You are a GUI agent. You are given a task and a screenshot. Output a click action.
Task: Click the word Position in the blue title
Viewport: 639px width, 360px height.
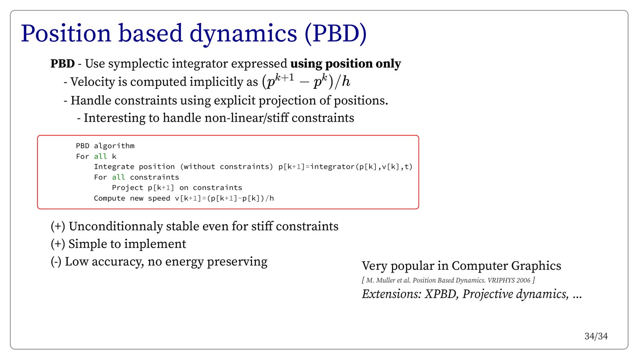tap(66, 34)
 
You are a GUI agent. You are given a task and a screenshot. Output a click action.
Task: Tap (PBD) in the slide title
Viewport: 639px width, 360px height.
tap(335, 34)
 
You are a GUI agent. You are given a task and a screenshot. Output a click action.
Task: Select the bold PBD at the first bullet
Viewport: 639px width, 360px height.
tap(62, 63)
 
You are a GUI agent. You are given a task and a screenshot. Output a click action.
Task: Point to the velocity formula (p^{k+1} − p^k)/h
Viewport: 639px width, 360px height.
tap(306, 81)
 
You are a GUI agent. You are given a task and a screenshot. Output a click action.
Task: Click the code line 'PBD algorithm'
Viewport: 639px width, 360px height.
tap(105, 146)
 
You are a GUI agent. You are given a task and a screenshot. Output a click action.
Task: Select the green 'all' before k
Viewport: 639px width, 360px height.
tap(100, 156)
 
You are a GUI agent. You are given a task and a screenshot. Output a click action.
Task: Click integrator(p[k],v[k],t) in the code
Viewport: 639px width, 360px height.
tap(361, 167)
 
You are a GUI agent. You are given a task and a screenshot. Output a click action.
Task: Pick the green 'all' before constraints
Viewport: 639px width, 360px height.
tap(118, 177)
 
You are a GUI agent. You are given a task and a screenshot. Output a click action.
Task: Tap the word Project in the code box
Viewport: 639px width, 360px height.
tap(127, 188)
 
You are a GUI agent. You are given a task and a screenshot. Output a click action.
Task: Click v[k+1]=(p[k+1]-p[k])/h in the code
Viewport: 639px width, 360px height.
tap(224, 198)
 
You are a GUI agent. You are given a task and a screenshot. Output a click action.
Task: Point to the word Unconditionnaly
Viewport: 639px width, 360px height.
tap(116, 227)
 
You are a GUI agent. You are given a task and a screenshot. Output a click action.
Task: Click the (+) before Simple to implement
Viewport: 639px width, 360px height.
tap(58, 244)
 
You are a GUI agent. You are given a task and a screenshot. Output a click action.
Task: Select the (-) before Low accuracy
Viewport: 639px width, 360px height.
tap(56, 262)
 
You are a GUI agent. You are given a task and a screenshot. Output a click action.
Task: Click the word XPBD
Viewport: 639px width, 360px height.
tap(442, 294)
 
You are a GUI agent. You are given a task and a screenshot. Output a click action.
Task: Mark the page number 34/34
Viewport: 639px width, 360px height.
tap(596, 336)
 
